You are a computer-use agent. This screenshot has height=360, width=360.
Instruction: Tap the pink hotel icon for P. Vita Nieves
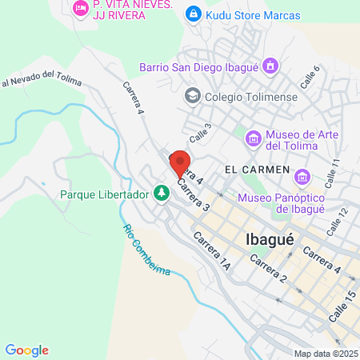(x=80, y=8)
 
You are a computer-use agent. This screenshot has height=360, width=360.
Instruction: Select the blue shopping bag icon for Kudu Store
(x=193, y=14)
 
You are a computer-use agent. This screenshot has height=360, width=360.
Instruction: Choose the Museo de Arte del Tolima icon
(x=254, y=139)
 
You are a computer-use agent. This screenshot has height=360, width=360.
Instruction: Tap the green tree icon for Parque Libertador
(x=162, y=193)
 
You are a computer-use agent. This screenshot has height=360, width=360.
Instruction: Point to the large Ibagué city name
(x=269, y=239)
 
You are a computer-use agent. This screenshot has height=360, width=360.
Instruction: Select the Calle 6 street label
(x=310, y=77)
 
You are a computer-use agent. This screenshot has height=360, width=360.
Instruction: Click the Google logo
(x=26, y=350)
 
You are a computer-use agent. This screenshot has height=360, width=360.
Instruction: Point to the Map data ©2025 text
(x=325, y=353)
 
